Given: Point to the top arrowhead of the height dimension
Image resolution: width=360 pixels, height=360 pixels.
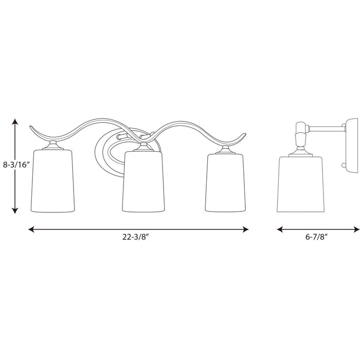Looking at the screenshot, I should coord(15,121).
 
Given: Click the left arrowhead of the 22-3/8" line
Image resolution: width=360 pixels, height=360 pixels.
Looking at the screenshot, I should coord(31,215).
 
